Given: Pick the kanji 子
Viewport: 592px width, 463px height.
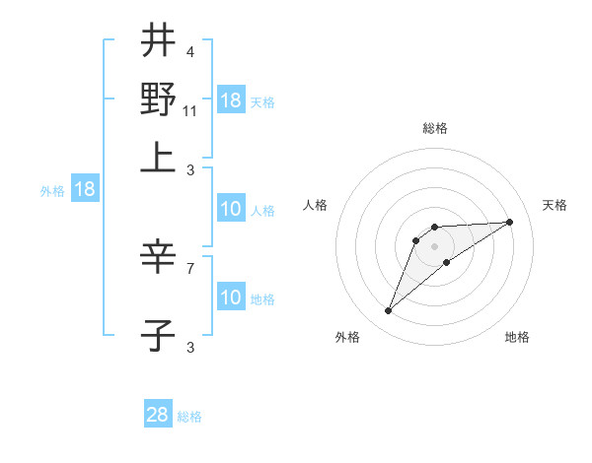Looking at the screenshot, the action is [x=158, y=335].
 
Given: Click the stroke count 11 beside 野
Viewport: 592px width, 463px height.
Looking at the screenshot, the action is [x=190, y=111].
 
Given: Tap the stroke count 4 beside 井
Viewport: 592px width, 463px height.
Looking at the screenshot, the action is [x=190, y=52].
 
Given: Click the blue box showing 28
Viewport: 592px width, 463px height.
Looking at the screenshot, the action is [x=158, y=415].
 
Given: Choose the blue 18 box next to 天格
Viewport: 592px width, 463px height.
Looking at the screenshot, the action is [x=231, y=100].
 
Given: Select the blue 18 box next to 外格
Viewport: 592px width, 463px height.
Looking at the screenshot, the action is [x=84, y=190].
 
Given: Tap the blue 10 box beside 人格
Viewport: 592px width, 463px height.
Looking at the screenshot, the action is [x=231, y=209].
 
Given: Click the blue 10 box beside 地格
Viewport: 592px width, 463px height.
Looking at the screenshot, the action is [x=231, y=298].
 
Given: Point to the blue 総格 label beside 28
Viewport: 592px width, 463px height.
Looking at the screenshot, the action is [x=189, y=417].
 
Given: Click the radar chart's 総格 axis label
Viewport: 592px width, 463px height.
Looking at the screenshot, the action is [x=434, y=128].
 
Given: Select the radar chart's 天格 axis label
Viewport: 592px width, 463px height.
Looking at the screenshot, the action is [x=555, y=205].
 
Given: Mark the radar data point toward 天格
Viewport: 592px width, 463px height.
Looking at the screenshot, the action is [x=509, y=222].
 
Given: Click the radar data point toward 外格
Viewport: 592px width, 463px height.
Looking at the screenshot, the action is [x=388, y=311].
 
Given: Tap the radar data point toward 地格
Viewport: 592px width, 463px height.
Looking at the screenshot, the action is [x=447, y=262].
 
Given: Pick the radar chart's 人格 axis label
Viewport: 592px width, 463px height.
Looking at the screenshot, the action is [x=316, y=205].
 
